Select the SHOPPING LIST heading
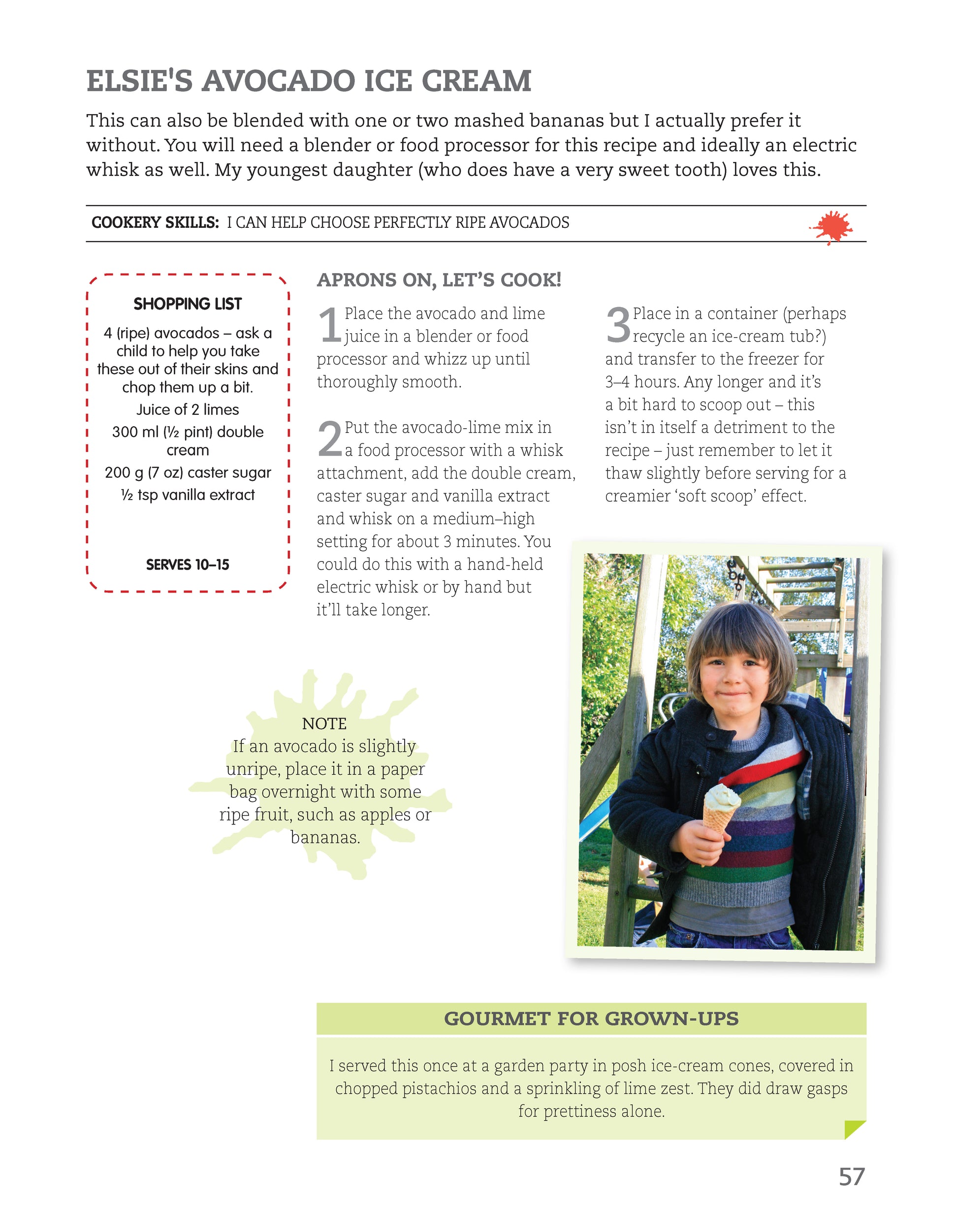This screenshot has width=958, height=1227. click(x=188, y=304)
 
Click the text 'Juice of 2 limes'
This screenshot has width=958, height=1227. click(x=188, y=409)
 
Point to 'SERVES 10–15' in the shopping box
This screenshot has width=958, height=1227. click(x=188, y=565)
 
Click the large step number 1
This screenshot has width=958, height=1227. click(x=329, y=325)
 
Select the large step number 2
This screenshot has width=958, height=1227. click(x=329, y=440)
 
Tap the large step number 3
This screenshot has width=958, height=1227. click(x=617, y=325)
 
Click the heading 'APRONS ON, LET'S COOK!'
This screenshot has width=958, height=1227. click(x=439, y=280)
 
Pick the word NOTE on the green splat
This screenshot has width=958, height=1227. click(x=324, y=724)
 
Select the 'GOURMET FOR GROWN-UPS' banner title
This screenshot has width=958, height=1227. click(x=591, y=1019)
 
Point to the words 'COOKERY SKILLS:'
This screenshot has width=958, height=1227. click(x=155, y=222)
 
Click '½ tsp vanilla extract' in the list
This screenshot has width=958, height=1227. click(x=188, y=495)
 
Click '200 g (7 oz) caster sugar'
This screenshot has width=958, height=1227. click(x=188, y=472)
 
